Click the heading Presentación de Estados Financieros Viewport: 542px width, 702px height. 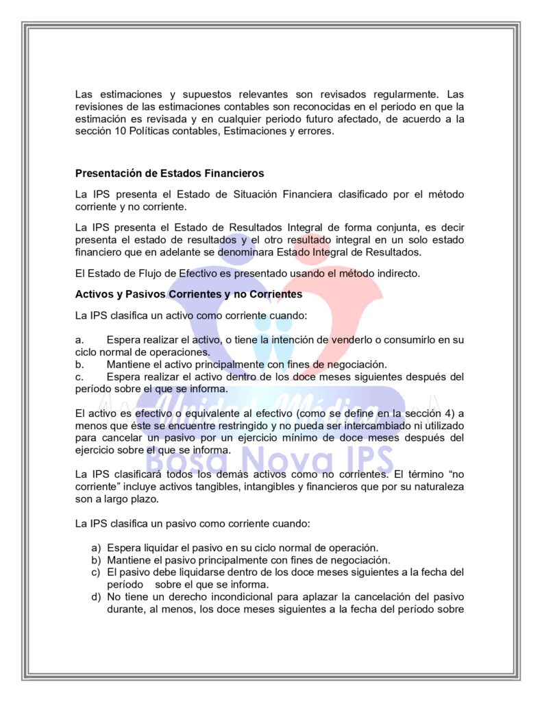point(169,173)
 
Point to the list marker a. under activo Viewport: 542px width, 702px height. point(79,340)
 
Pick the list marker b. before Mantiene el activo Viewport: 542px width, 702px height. point(79,364)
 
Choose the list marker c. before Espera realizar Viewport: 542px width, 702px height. point(79,376)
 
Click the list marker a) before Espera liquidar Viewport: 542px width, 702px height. point(97,547)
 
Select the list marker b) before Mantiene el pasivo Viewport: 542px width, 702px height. point(97,559)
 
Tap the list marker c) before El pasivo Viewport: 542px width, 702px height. point(97,572)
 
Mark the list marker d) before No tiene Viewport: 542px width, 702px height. point(97,596)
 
